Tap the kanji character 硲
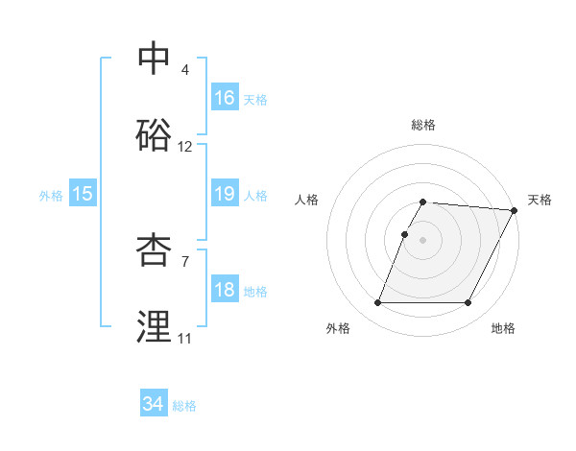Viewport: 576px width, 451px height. (x=155, y=136)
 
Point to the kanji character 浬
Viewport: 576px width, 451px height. (x=155, y=327)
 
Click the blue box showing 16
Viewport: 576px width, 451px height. (x=225, y=98)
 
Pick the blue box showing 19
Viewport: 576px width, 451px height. (x=225, y=195)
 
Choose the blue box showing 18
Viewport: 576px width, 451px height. (x=225, y=291)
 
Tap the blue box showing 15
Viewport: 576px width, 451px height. (x=83, y=195)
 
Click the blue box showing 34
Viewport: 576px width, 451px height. (x=154, y=404)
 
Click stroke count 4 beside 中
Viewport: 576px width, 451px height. (x=185, y=70)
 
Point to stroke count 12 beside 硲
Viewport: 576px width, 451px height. (x=185, y=148)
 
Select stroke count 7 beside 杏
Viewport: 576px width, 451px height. (x=185, y=261)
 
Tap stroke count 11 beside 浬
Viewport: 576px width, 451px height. (x=184, y=339)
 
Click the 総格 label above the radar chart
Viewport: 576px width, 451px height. (x=423, y=125)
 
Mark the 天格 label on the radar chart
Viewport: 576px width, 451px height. (x=540, y=200)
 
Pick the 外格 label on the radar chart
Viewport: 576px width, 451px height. (x=338, y=328)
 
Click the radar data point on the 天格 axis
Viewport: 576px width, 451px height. (x=515, y=210)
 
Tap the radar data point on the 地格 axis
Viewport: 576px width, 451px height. (x=468, y=303)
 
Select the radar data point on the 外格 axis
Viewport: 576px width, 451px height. (x=377, y=303)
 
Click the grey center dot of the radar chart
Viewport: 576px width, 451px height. (x=423, y=240)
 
